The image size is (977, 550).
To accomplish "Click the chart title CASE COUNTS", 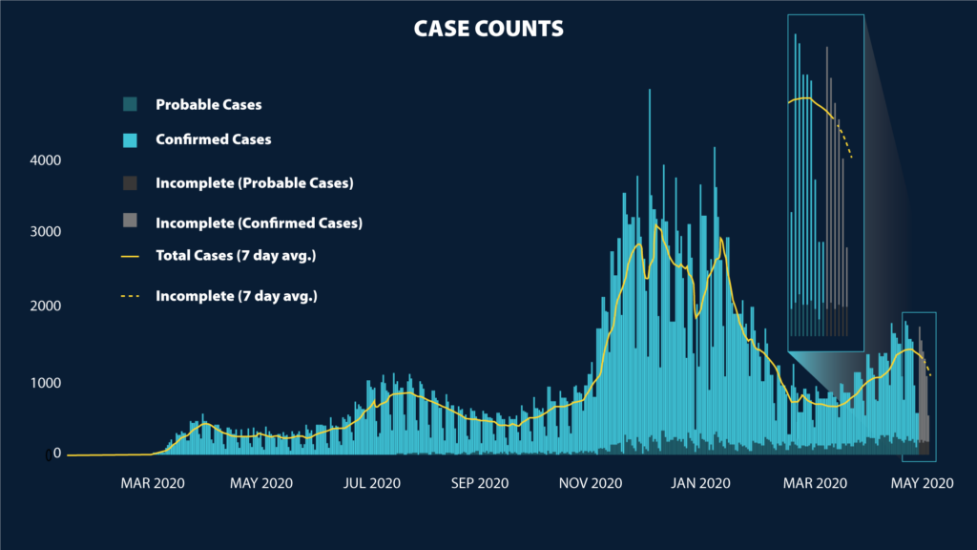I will (488, 30).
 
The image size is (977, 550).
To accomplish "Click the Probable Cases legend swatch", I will (131, 104).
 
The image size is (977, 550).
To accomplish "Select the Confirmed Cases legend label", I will (213, 139).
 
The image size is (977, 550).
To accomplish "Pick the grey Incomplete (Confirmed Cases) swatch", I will (131, 222).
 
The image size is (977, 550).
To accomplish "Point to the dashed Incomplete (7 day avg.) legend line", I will (131, 296).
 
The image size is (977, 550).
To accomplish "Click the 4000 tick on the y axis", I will (44, 160).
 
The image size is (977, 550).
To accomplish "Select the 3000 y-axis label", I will (44, 232).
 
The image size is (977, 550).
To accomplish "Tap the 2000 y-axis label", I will (44, 307).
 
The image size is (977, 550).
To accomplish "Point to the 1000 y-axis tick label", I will (44, 383).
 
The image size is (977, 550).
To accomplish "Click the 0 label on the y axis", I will (48, 455).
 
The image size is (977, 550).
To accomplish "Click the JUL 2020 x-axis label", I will (371, 483).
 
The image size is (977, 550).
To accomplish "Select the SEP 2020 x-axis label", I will (480, 483).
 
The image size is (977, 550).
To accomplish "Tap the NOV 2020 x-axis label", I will (592, 483).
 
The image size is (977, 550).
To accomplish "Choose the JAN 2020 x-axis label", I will (700, 483).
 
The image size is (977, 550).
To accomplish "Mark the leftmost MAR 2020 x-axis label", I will (150, 483).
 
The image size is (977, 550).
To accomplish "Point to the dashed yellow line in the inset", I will (844, 138).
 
